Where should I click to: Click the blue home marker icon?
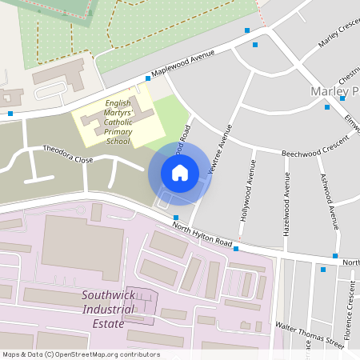(x=179, y=172)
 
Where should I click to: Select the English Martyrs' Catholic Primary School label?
(x=118, y=122)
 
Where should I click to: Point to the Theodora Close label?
(x=68, y=154)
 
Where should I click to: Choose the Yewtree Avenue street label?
(x=219, y=150)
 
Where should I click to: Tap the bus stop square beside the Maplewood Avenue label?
(x=148, y=78)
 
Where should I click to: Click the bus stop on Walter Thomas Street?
(x=323, y=270)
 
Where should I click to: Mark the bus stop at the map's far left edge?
(x=10, y=113)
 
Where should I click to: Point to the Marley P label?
(x=334, y=91)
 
